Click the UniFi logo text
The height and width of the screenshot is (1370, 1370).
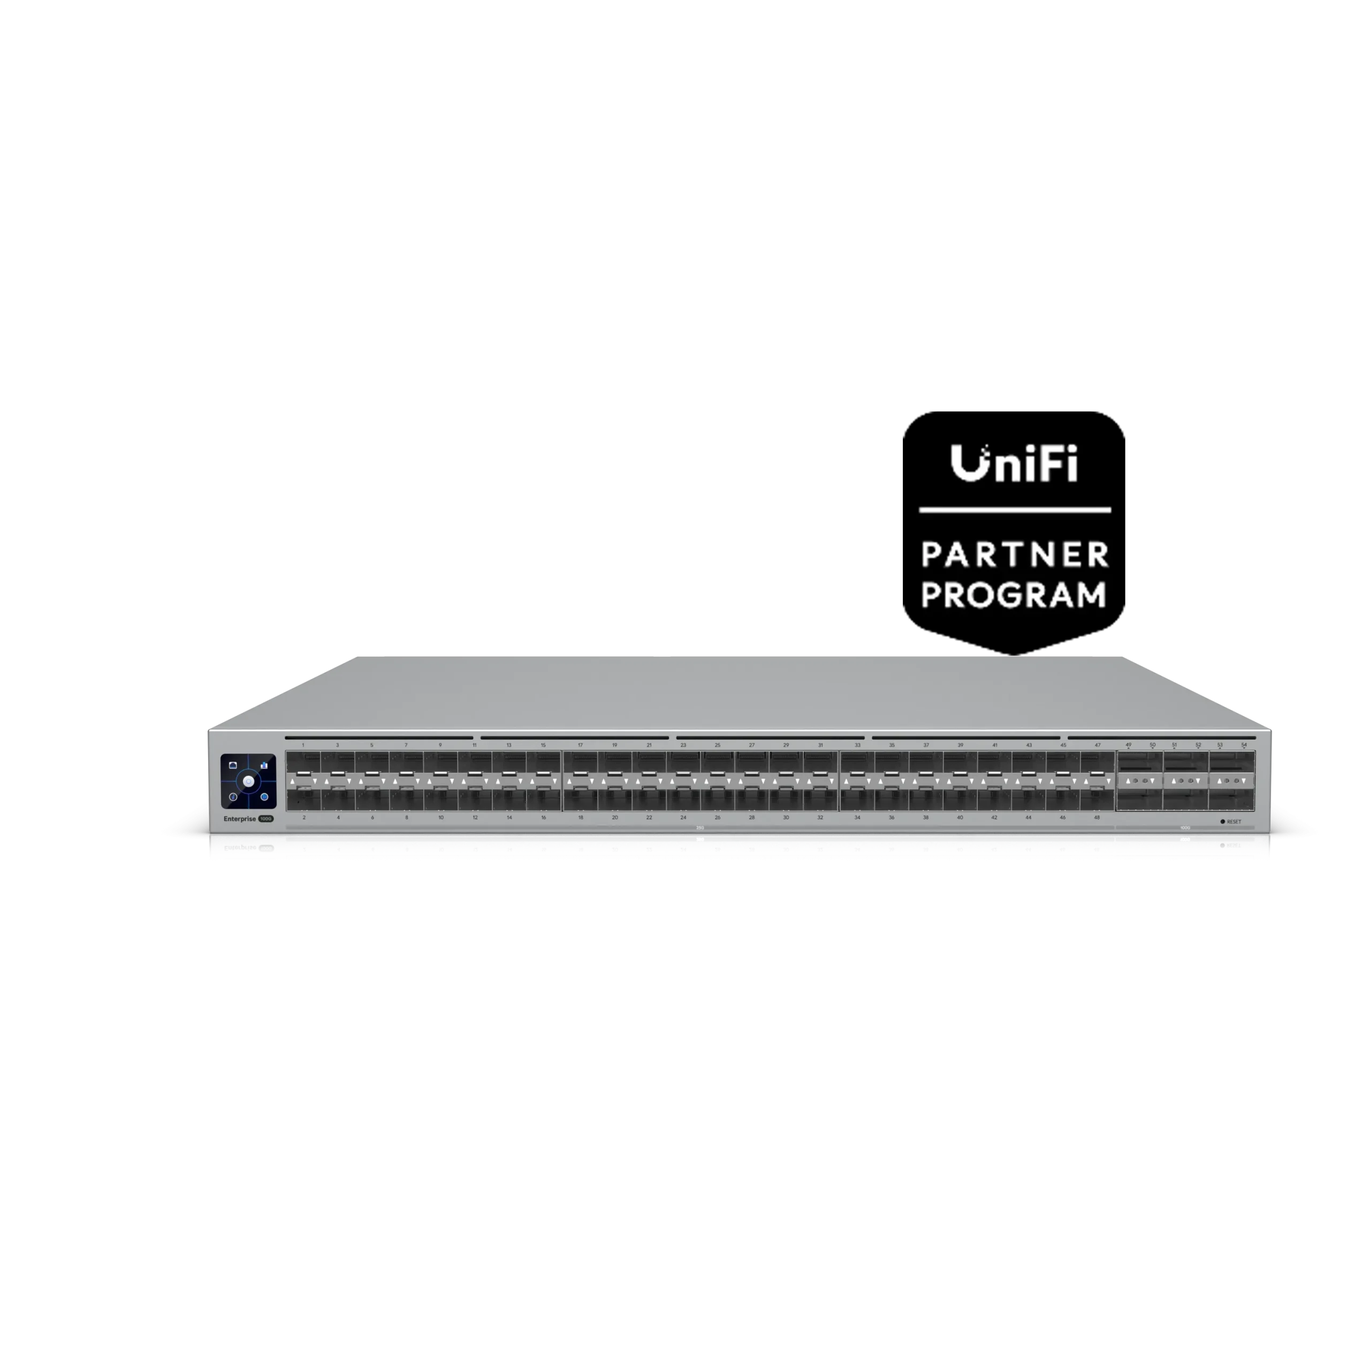tap(1014, 464)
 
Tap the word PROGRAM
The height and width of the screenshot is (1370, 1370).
tap(1013, 595)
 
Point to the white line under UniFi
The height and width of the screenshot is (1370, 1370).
tap(1015, 510)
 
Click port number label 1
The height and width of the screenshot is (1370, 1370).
tap(303, 745)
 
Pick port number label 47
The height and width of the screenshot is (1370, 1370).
tap(1097, 745)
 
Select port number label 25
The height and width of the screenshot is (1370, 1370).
tap(718, 745)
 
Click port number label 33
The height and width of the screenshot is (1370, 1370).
tap(857, 745)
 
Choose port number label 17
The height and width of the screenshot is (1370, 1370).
tap(580, 745)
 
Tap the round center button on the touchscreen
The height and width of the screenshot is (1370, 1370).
tap(248, 781)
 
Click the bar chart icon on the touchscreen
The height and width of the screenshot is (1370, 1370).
tap(264, 766)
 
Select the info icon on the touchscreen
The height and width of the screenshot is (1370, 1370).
tap(233, 797)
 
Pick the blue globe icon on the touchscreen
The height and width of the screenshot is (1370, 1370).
tap(264, 797)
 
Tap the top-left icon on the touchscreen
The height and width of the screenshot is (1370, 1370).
tap(233, 766)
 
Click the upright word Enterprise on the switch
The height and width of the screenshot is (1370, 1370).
tap(240, 818)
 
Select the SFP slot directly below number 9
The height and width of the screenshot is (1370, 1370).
tap(440, 764)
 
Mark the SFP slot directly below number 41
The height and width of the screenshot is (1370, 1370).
tap(994, 764)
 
